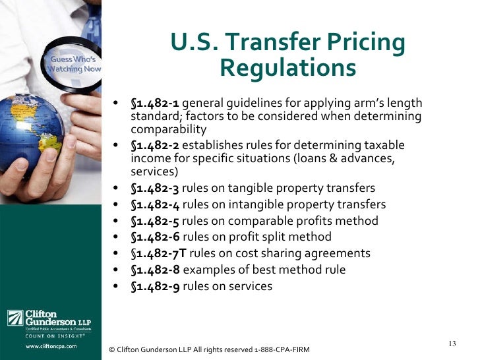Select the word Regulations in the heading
point(287,67)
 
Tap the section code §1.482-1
point(155,104)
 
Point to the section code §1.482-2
point(155,145)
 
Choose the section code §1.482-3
point(155,188)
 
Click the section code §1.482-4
point(155,204)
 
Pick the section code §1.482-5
point(155,221)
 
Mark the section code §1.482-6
point(155,237)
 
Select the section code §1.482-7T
point(158,253)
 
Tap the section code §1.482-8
point(155,270)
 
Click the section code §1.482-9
point(155,286)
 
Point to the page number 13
point(452,343)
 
